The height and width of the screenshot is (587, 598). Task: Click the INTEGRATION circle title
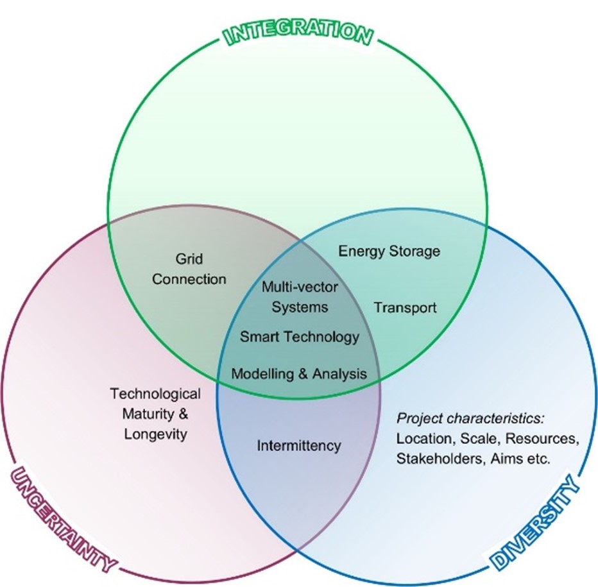[x=298, y=33]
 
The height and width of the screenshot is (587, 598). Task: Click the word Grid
[x=189, y=259]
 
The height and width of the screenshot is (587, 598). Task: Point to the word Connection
[x=189, y=279]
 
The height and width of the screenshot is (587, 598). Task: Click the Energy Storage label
[x=389, y=251]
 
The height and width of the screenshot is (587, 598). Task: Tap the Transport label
[x=405, y=307]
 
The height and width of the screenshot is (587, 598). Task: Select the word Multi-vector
[x=300, y=287]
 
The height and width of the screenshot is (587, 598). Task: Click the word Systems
[x=300, y=307]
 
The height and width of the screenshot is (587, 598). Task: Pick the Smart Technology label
[x=300, y=336]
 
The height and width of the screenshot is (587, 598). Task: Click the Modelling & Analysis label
[x=299, y=373]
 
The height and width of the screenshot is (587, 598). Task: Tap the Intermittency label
[x=299, y=445]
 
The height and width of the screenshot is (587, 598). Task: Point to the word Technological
[x=155, y=393]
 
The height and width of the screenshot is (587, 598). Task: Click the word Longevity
[x=155, y=434]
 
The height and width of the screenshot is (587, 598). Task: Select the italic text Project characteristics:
[x=471, y=419]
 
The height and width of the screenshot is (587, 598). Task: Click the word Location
[x=423, y=439]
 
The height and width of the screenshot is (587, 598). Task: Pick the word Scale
[x=477, y=439]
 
